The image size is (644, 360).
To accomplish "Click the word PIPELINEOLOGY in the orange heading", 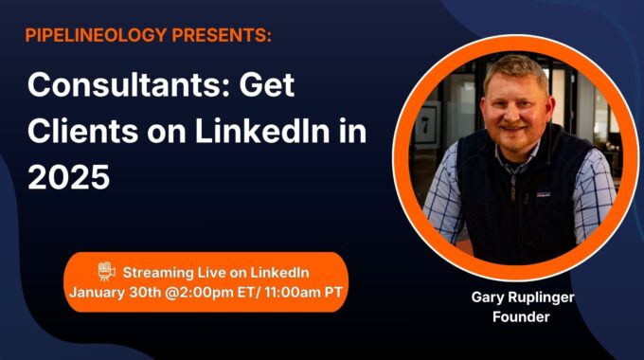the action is tap(96, 35).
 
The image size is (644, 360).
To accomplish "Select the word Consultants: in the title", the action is tap(128, 84).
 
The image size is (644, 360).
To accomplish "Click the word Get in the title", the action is tap(267, 84).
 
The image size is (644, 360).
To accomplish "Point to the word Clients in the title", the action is tap(83, 131).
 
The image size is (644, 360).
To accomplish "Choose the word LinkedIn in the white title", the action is tap(262, 131).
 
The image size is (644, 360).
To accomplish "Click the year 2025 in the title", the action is tap(68, 177).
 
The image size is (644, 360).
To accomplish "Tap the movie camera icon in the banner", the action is tap(107, 271).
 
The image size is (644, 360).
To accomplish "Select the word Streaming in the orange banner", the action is tap(158, 273).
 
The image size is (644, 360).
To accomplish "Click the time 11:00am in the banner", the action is tap(293, 293).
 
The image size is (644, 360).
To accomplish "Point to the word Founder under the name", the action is tap(521, 316).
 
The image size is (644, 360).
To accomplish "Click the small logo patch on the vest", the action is tap(543, 194).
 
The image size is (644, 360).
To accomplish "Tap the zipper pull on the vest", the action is tap(513, 193).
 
